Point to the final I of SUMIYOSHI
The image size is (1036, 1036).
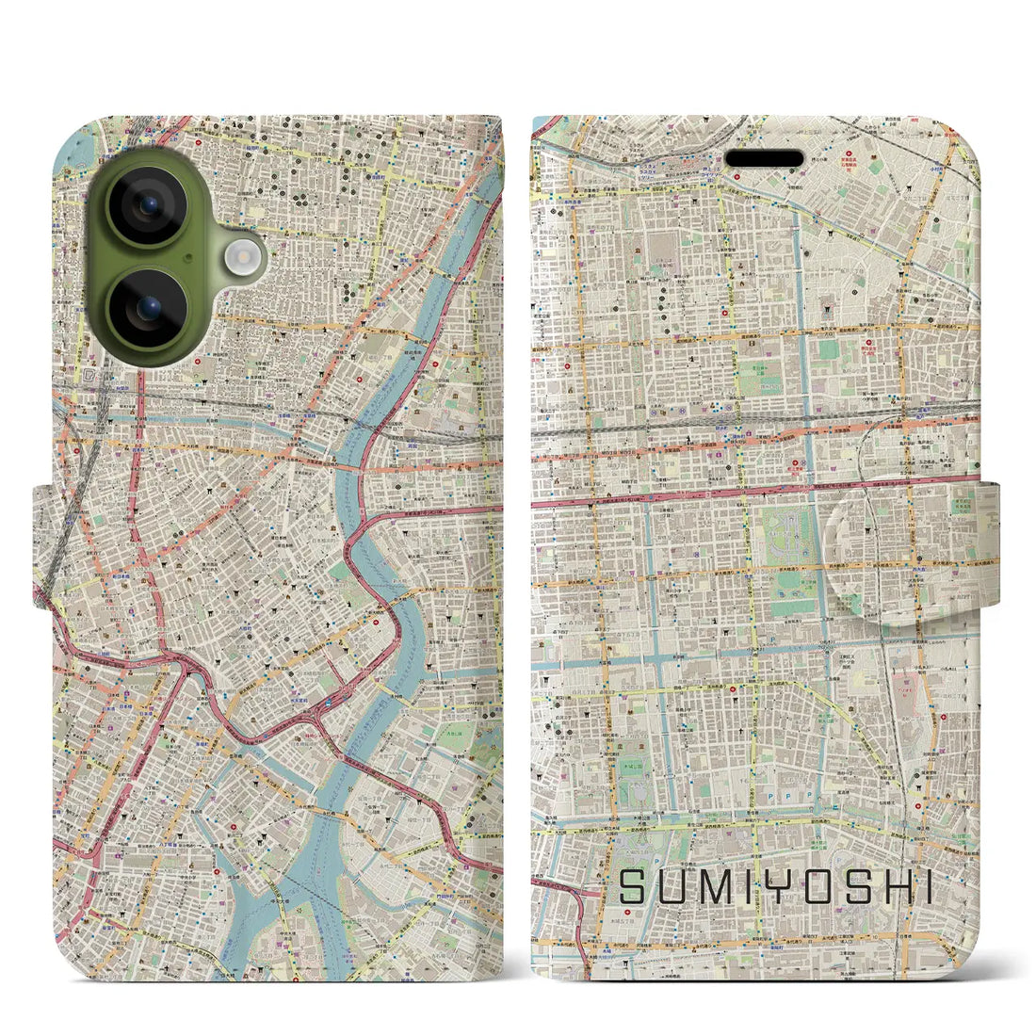tap(925, 887)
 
